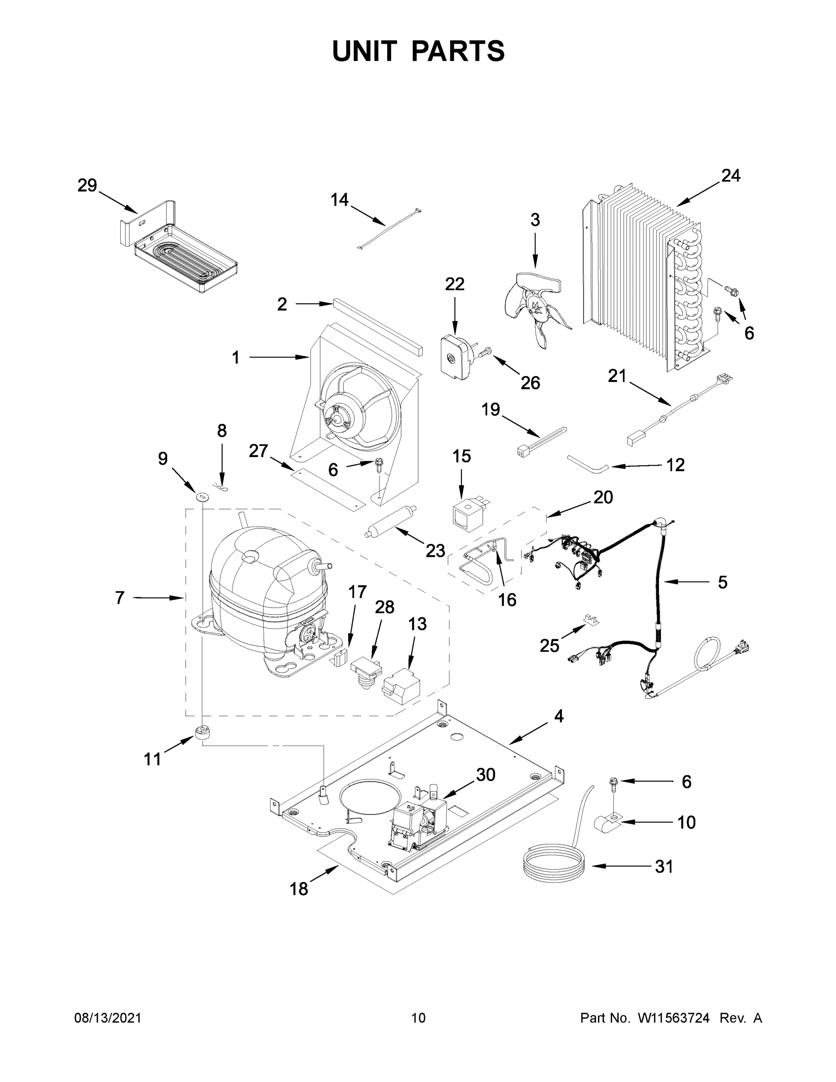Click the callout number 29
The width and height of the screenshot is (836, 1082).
pyautogui.click(x=87, y=186)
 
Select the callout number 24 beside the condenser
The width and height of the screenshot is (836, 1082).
pyautogui.click(x=731, y=175)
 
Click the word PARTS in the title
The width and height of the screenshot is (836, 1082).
pyautogui.click(x=458, y=51)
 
